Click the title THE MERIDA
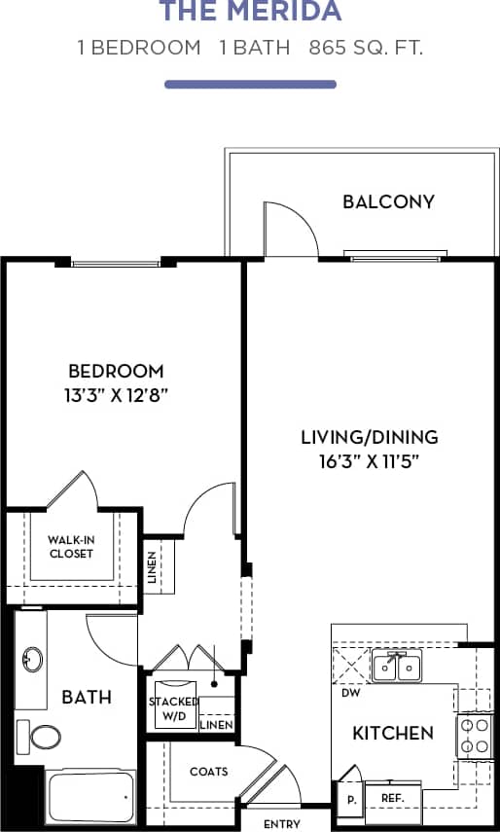250,12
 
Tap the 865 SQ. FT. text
366,48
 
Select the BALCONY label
388,202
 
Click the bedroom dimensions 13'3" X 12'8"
115,395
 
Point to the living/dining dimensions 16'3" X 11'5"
369,461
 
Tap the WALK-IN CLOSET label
71,546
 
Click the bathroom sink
32,660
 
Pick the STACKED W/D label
173,709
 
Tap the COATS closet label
208,772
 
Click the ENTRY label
282,824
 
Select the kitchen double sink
397,668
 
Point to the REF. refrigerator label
392,796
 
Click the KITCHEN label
392,733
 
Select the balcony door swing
290,229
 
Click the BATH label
87,697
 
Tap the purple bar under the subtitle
250,85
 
